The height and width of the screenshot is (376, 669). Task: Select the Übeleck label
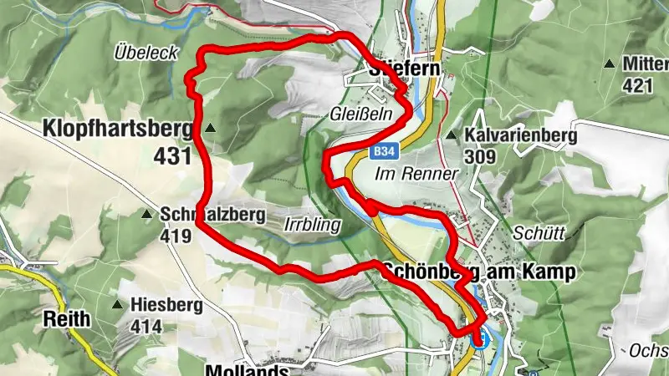[x=146, y=53]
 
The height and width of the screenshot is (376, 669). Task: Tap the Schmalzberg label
[x=212, y=215]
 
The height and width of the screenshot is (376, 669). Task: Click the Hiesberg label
[x=167, y=306]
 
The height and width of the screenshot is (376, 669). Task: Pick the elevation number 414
[x=146, y=326]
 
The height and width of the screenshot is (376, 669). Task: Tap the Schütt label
[x=535, y=233]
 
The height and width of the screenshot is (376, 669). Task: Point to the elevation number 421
[x=638, y=84]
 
